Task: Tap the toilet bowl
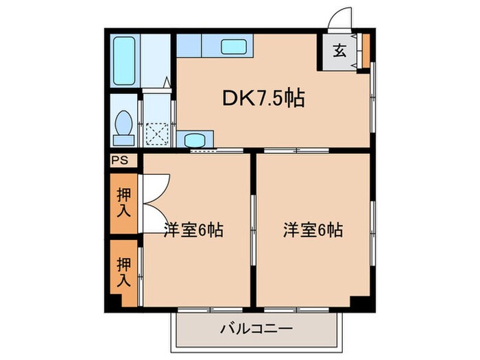point(124,126)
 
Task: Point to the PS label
point(119,160)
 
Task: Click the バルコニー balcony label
point(256,329)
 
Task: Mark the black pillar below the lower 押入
point(125,300)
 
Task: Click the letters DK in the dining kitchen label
point(233,99)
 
